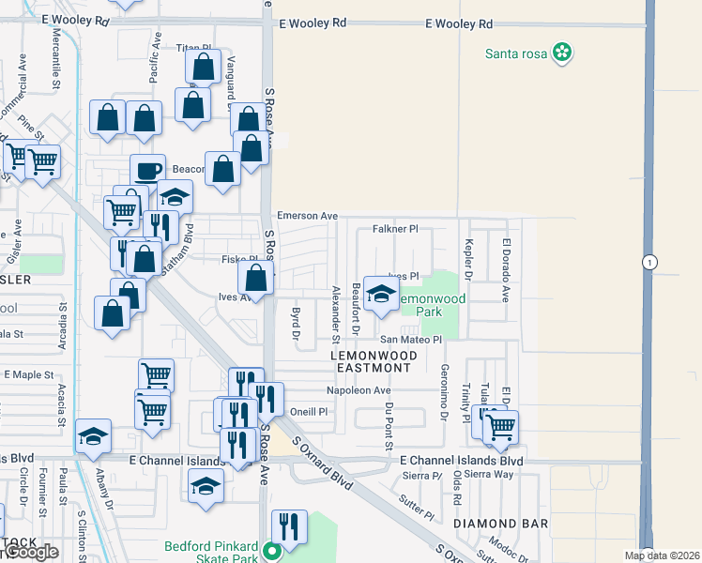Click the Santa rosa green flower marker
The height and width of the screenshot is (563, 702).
[x=562, y=53]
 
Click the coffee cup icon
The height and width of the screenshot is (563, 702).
[x=147, y=171]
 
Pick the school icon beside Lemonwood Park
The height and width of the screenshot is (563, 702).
[x=380, y=294]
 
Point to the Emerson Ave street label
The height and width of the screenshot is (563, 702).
[x=305, y=216]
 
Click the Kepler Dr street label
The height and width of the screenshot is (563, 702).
[x=468, y=259]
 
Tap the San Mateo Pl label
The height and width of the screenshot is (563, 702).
[x=410, y=340]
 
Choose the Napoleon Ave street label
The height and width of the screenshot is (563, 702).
[x=358, y=390]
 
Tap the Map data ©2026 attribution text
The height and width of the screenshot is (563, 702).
[x=662, y=555]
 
